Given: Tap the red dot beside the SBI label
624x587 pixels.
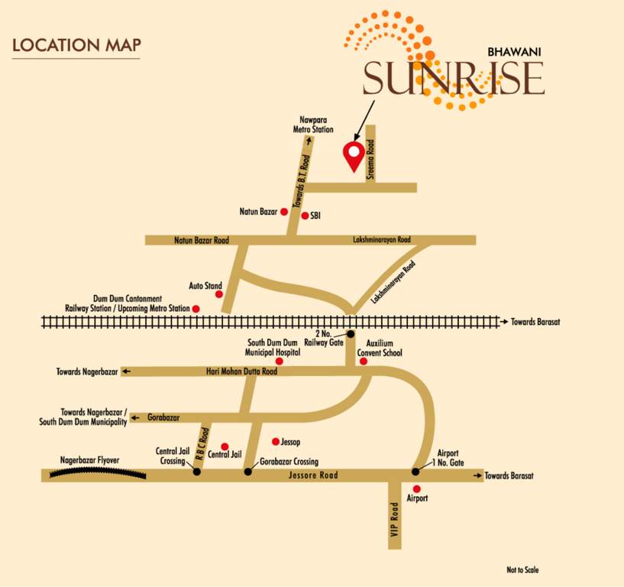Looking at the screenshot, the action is click(305, 216).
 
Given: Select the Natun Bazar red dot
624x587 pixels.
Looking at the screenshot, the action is click(283, 210).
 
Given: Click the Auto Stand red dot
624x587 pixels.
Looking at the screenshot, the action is click(219, 293).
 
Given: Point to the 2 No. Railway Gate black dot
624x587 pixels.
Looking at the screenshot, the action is click(351, 334).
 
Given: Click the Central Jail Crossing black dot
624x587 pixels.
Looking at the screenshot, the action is click(197, 472).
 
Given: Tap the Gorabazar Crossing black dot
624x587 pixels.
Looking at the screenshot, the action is click(247, 472).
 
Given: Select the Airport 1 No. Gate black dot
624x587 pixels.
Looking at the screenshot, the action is click(415, 472).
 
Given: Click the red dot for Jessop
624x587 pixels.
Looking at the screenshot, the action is click(276, 441).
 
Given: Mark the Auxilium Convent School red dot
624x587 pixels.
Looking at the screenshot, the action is click(364, 361).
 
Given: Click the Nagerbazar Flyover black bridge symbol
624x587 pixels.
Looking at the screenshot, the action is click(97, 474).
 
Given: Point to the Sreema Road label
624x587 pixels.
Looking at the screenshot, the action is click(370, 158).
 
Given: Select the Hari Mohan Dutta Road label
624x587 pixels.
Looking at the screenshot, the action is click(241, 371).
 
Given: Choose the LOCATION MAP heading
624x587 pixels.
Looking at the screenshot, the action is click(76, 45).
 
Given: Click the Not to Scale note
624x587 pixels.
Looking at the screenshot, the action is click(524, 570).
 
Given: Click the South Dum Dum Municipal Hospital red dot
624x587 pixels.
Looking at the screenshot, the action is click(280, 361).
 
